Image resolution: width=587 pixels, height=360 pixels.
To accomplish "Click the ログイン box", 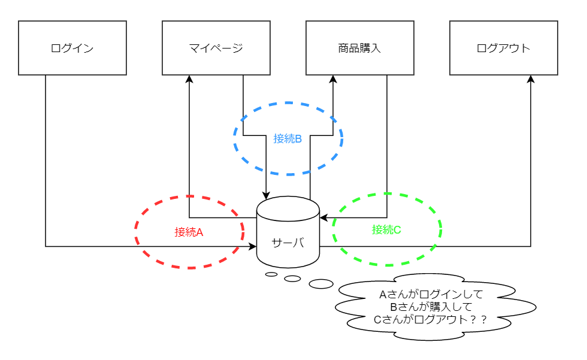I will click(x=72, y=48).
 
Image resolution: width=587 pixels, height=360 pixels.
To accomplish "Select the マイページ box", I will click(x=216, y=48).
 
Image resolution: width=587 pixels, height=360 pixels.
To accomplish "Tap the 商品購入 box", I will click(x=359, y=48).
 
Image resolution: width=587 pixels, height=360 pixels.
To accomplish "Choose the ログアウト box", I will click(x=503, y=48).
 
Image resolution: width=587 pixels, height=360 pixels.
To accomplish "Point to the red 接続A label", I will click(x=189, y=232).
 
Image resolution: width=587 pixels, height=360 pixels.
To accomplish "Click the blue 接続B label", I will click(x=288, y=138).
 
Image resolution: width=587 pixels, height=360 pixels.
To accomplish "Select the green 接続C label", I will click(x=386, y=229).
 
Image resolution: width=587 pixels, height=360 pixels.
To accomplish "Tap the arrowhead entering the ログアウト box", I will click(x=531, y=79).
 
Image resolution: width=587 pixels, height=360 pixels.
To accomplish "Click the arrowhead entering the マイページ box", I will click(x=189, y=79).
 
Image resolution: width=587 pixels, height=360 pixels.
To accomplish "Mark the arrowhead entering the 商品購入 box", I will click(x=333, y=79).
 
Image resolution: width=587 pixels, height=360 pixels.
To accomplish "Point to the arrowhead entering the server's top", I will click(x=266, y=195).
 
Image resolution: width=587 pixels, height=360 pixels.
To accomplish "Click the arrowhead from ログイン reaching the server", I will click(x=253, y=246).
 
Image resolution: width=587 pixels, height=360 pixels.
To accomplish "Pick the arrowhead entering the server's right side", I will click(x=323, y=217).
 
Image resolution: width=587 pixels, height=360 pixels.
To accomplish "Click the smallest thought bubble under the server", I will click(x=271, y=274).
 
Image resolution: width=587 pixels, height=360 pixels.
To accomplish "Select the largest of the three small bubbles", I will click(x=321, y=283).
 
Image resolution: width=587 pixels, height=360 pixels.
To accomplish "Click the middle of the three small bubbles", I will click(x=292, y=279).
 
